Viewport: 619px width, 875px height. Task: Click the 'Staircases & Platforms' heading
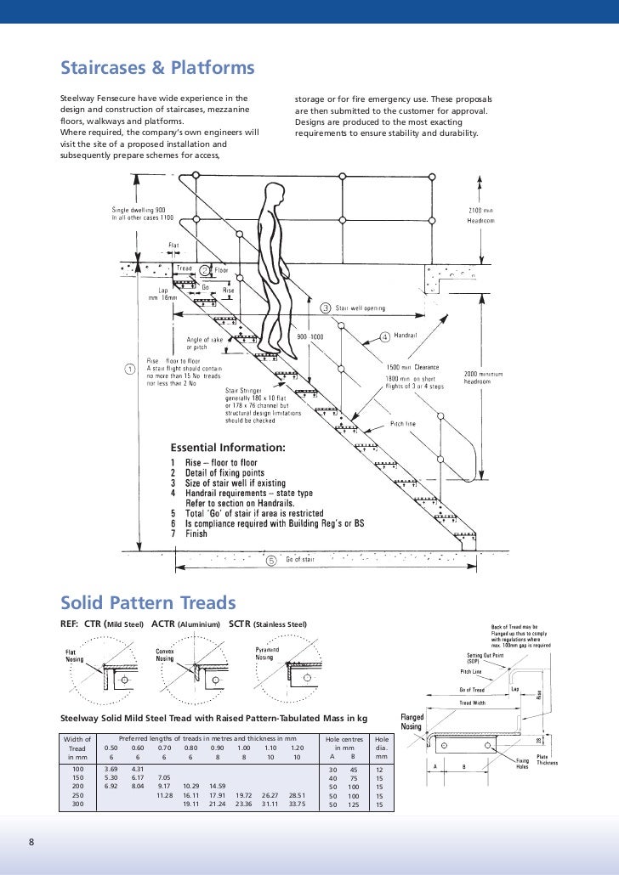[x=157, y=68]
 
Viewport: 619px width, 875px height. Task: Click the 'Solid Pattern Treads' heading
[x=147, y=604]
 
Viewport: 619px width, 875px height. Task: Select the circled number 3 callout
[x=325, y=308]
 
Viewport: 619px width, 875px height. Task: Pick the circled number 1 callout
[x=129, y=370]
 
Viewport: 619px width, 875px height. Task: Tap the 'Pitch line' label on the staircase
[x=402, y=423]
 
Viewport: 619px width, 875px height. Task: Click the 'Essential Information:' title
[x=229, y=448]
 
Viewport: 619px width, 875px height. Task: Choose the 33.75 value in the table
[x=297, y=804]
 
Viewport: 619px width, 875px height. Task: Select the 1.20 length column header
[x=297, y=748]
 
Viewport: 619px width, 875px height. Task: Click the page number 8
[x=31, y=841]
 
